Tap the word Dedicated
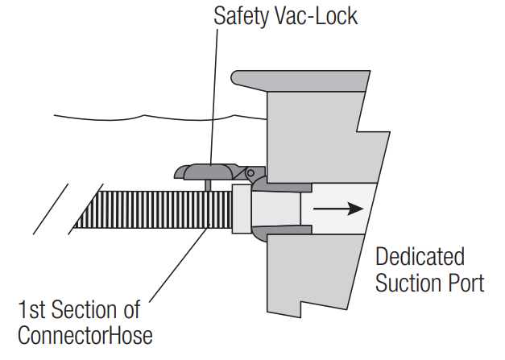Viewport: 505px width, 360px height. [420, 258]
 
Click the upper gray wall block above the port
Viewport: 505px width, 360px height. [322, 137]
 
